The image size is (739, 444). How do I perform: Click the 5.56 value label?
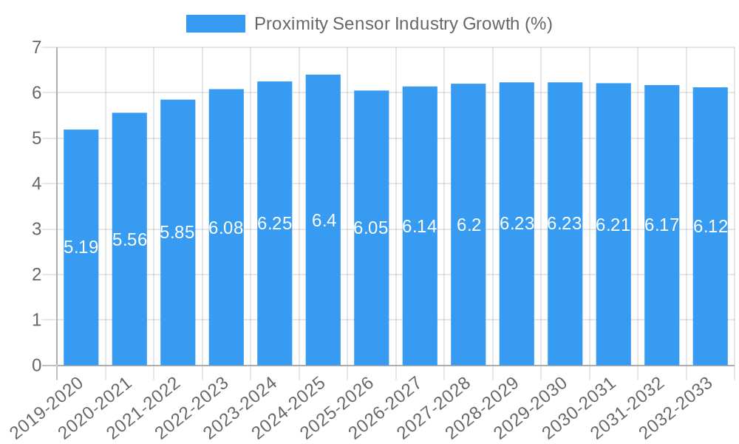point(129,240)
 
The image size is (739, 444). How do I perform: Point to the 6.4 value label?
point(324,221)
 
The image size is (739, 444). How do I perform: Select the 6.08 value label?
point(226,228)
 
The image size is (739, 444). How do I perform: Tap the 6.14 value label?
point(420,227)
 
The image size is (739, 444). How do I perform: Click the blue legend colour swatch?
point(215,24)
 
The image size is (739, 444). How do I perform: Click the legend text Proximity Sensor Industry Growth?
point(403,24)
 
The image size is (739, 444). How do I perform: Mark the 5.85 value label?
point(177,232)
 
